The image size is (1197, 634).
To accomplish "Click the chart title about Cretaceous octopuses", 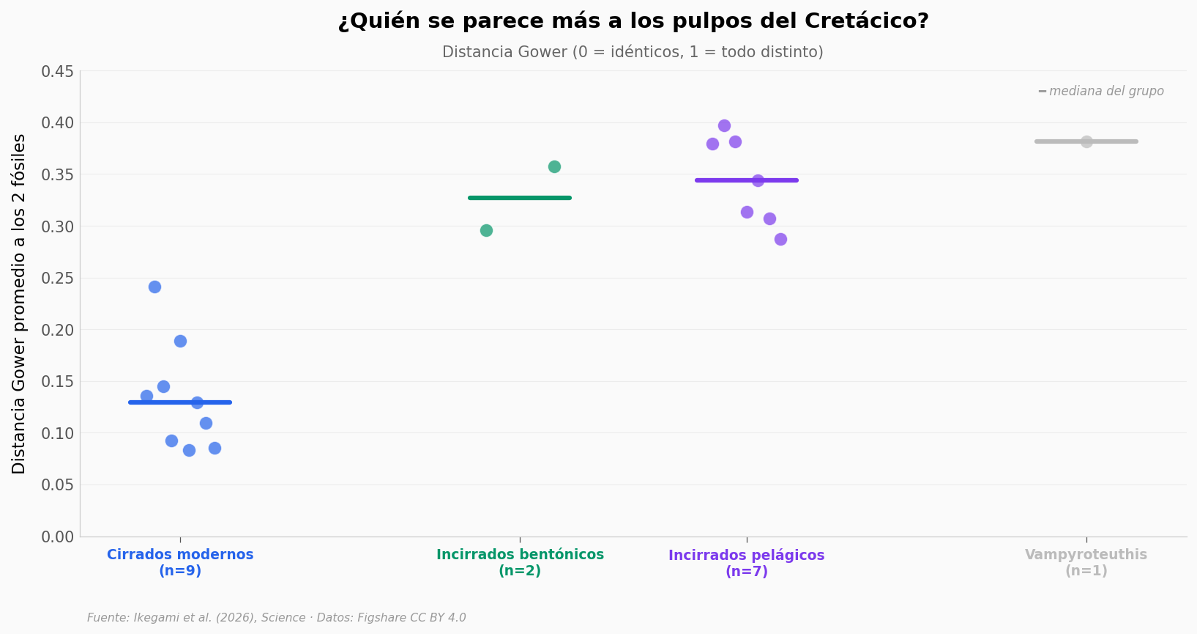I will (x=633, y=21).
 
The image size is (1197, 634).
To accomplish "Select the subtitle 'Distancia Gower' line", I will (x=633, y=52).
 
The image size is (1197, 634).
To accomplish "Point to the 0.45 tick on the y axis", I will (x=57, y=72).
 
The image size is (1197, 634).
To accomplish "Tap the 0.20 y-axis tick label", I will (x=57, y=331).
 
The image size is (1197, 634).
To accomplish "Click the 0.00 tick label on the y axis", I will (x=57, y=537).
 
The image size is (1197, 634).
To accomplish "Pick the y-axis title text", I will (x=19, y=303).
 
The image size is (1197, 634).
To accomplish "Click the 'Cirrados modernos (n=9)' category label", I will (x=180, y=563).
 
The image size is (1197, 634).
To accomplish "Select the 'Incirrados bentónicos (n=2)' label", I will (x=520, y=563).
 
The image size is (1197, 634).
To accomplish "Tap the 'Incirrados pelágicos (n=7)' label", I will (x=746, y=563).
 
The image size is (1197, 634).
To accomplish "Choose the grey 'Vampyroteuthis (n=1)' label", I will (x=1086, y=563).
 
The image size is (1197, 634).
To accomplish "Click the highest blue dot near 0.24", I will (x=154, y=287).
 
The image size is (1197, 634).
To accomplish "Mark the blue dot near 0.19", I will (x=180, y=341).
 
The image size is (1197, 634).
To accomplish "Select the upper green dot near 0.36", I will (x=554, y=166).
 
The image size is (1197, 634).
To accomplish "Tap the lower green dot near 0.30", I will (x=486, y=230).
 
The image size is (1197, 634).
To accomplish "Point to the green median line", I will (x=520, y=198).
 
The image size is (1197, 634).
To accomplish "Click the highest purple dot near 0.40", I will (x=724, y=125).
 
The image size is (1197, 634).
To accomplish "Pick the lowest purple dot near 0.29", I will (x=780, y=239).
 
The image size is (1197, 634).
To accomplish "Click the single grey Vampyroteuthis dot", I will (x=1086, y=141).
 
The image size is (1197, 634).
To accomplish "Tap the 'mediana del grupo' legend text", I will (x=1105, y=92).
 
